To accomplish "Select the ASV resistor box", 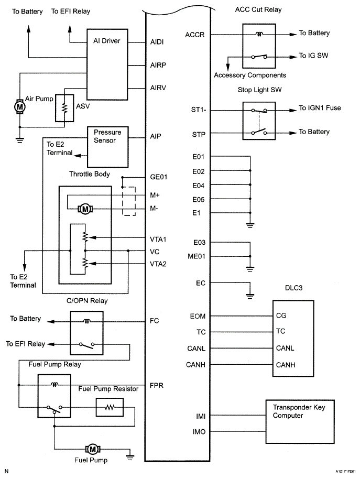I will pyautogui.click(x=64, y=107).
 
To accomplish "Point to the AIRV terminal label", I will pyautogui.click(x=158, y=88).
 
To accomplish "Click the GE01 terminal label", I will pyautogui.click(x=158, y=177).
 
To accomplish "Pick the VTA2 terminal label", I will pyautogui.click(x=158, y=264).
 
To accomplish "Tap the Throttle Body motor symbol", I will pyautogui.click(x=84, y=209).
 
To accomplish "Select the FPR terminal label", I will pyautogui.click(x=157, y=384).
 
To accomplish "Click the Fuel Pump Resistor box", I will pyautogui.click(x=109, y=407).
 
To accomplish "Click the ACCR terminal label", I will pyautogui.click(x=194, y=35).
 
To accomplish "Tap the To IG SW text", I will pyautogui.click(x=314, y=55).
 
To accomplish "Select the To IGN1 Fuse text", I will pyautogui.click(x=320, y=108).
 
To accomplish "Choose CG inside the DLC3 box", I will pyautogui.click(x=281, y=316).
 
